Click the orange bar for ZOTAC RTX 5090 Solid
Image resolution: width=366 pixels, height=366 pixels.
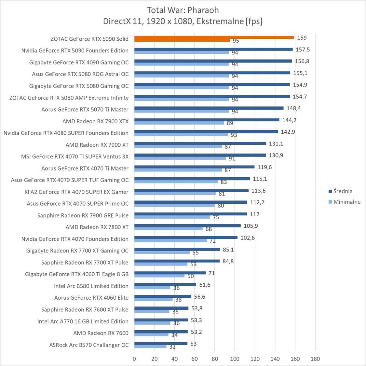coord(214,37)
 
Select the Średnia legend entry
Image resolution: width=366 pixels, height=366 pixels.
coord(343,191)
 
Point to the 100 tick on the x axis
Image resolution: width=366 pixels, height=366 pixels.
coord(235,359)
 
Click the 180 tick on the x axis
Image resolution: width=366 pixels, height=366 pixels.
coord(315,359)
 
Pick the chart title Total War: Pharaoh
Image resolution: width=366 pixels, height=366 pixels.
coord(183,10)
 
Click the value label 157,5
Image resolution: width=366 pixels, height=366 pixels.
coord(302,49)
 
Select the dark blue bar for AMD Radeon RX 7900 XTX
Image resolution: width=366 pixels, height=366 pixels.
coord(207,120)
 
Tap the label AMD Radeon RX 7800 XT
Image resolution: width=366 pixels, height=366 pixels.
coord(97,227)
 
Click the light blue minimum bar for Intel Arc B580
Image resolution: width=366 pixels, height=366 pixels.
coord(152,288)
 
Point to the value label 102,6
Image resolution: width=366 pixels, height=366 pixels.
coord(248,238)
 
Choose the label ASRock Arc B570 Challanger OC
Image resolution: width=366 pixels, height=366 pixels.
coord(89,345)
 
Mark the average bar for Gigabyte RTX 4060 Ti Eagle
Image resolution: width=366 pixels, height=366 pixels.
coord(170,273)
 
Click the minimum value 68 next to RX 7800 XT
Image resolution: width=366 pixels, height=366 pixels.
coord(209,229)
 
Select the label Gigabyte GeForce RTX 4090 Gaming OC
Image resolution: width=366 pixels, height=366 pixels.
coord(79,62)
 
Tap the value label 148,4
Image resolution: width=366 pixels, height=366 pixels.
coord(293,108)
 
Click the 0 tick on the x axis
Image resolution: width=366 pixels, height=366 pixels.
coord(134,359)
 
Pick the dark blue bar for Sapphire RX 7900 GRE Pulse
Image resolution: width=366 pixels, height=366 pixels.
coord(190,214)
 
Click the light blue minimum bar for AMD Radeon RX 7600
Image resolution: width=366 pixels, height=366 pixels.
coord(151,335)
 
